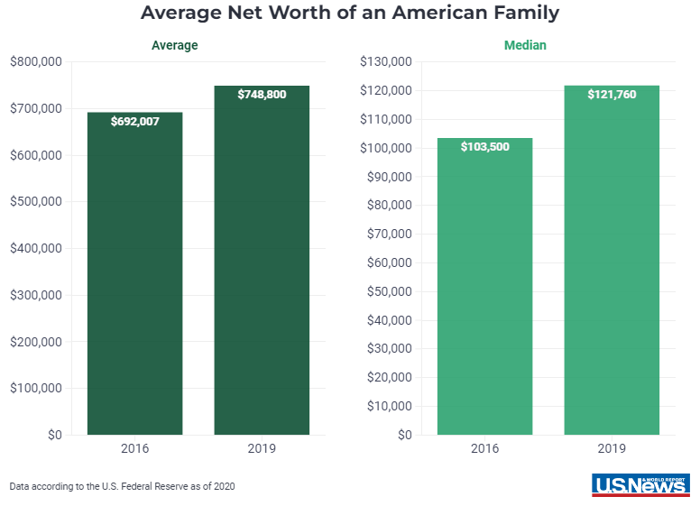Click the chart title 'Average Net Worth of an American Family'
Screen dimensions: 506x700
[x=350, y=14]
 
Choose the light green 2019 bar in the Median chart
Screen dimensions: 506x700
[x=612, y=271]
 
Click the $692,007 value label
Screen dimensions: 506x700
[x=135, y=121]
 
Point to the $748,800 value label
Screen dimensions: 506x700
[x=262, y=94]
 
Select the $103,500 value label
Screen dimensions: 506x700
[x=484, y=146]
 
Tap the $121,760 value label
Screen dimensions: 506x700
[x=612, y=94]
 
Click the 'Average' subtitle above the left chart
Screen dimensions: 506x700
[x=175, y=45]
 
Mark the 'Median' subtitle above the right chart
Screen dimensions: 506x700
[x=525, y=45]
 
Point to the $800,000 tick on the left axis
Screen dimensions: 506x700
[x=35, y=61]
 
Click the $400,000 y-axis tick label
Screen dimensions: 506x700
[x=35, y=248]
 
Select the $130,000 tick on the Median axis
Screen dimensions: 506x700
[x=386, y=61]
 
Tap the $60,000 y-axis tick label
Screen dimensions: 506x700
[x=390, y=262]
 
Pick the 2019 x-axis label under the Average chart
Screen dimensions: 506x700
[x=262, y=448]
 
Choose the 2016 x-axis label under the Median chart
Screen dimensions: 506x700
[x=484, y=448]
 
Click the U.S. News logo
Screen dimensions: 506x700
[x=640, y=484]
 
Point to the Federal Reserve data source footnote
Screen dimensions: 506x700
[x=123, y=486]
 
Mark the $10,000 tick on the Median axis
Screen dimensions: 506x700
[x=390, y=406]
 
